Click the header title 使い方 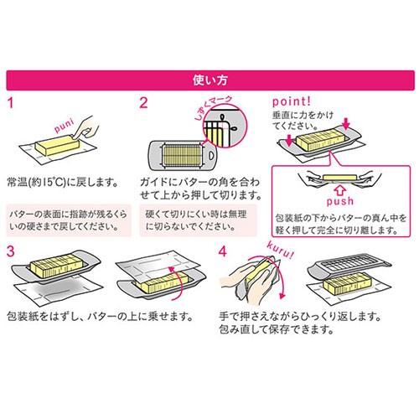coord(209,80)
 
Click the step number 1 coord(11,103)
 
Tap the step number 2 coord(143,103)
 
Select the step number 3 coord(10,251)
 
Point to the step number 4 coord(223,251)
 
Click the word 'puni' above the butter coord(65,126)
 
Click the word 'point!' coord(292,101)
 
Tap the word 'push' coord(339,201)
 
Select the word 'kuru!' coord(280,250)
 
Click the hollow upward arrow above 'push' coord(340,190)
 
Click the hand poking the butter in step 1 coord(85,127)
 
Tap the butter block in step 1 coord(57,145)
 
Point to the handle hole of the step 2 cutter coord(211,155)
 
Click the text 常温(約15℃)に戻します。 coord(63,183)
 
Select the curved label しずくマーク coord(214,107)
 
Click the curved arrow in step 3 coord(178,282)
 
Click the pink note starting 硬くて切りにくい coord(198,220)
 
